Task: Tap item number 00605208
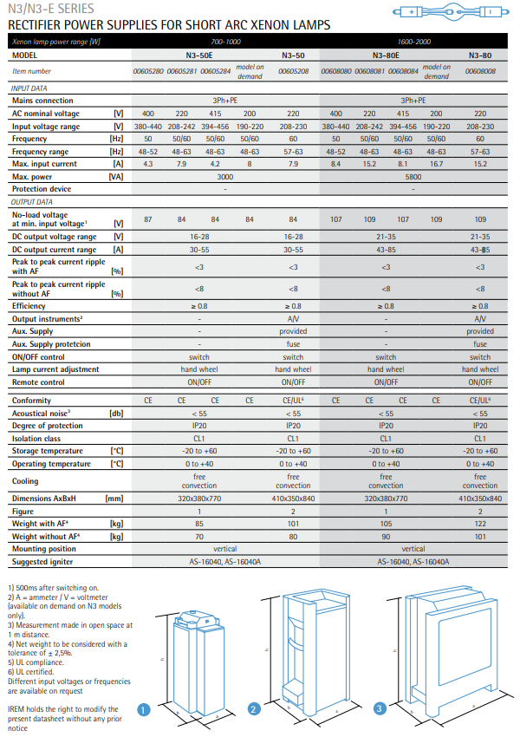(x=293, y=71)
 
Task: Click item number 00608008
(x=480, y=71)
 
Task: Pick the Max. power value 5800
(x=413, y=176)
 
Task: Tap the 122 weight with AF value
(x=480, y=525)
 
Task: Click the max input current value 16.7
(x=436, y=163)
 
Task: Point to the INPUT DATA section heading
(x=29, y=88)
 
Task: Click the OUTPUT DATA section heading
(x=31, y=201)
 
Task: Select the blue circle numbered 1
(x=145, y=709)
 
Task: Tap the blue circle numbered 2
(x=254, y=709)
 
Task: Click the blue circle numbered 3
(x=379, y=709)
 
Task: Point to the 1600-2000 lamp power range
(x=413, y=42)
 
